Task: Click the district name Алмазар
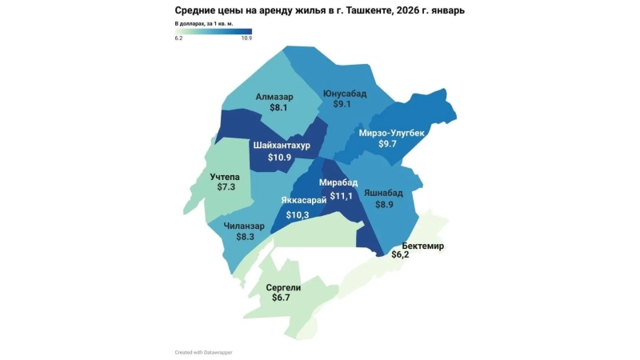[x=274, y=97]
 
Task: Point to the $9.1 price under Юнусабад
[x=342, y=104]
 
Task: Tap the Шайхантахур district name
[x=281, y=146]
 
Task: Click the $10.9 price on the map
[x=279, y=158]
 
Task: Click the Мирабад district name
[x=338, y=182]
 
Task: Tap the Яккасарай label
[x=304, y=200]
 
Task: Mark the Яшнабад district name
[x=389, y=194]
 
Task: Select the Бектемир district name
[x=423, y=246]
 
